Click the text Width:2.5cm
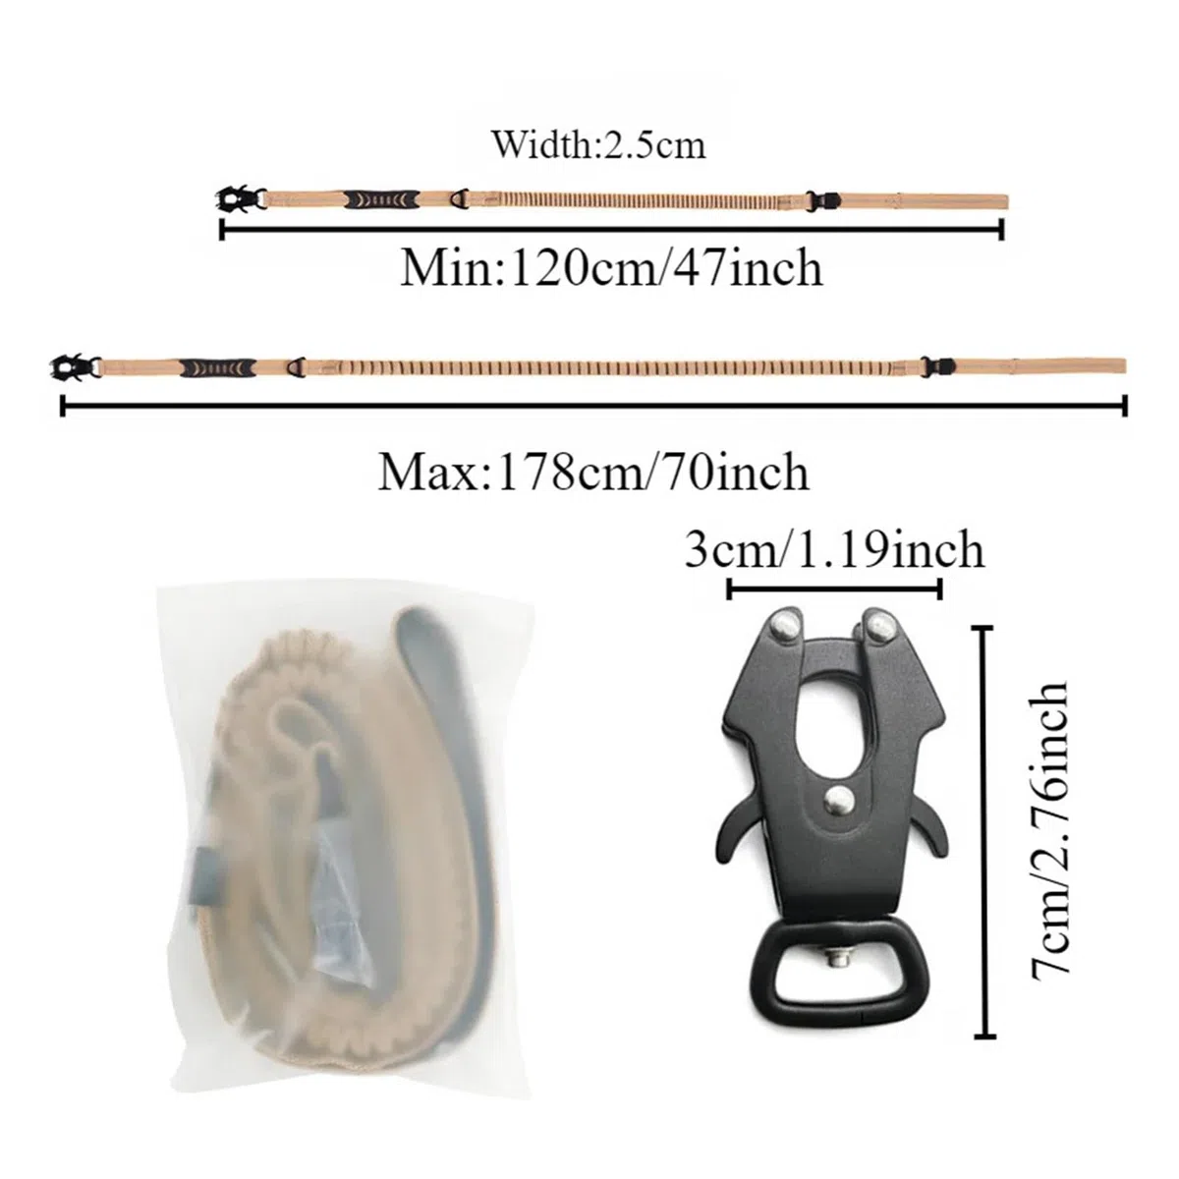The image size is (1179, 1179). (x=599, y=146)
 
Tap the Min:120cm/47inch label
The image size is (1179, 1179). (x=611, y=268)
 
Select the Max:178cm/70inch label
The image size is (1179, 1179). (x=593, y=472)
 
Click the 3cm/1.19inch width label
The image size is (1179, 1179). (x=834, y=549)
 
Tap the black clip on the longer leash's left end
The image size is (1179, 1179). (x=75, y=366)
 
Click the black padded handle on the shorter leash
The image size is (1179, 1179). (x=381, y=198)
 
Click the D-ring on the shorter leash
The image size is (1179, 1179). (x=460, y=198)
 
